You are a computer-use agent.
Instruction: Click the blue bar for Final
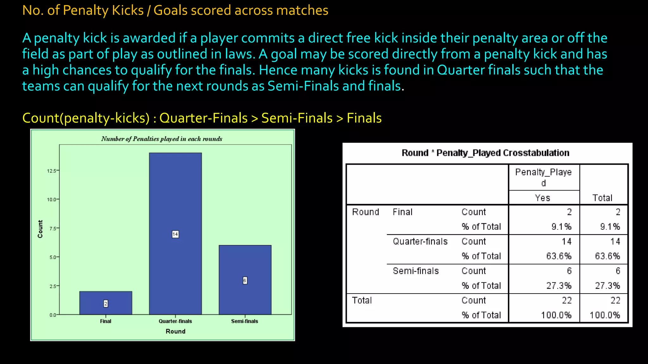[x=106, y=297]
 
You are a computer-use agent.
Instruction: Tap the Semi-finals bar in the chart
[x=245, y=262]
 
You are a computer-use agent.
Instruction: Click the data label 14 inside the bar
[x=175, y=234]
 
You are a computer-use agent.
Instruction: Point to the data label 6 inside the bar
[x=245, y=280]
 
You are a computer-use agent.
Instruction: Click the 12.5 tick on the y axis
[x=52, y=171]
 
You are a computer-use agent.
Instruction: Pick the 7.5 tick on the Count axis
[x=53, y=228]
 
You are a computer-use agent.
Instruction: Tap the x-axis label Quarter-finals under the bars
[x=175, y=321]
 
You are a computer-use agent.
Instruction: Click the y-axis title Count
[x=40, y=229]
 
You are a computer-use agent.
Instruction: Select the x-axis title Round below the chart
[x=175, y=331]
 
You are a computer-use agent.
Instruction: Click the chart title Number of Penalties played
[x=162, y=139]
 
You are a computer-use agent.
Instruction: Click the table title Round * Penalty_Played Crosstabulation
[x=485, y=153]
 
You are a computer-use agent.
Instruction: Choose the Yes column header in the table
[x=543, y=198]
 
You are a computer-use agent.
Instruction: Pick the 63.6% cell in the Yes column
[x=559, y=256]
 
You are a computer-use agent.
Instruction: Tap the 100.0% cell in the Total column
[x=605, y=315]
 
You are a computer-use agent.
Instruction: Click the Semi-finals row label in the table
[x=416, y=271]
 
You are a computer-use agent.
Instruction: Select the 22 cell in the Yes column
[x=566, y=300]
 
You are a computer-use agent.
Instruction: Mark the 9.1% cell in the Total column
[x=610, y=227]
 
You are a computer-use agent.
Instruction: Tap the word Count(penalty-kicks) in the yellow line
[x=86, y=118]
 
